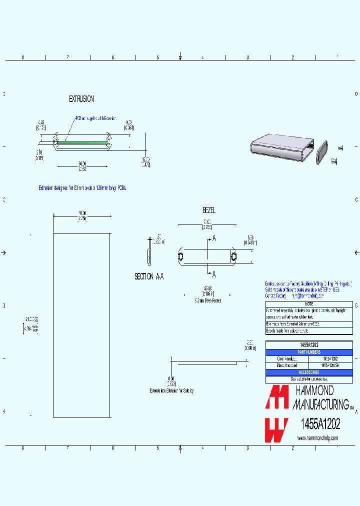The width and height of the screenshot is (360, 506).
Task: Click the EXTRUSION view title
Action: coord(81,99)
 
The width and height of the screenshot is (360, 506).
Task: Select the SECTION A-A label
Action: coord(149,276)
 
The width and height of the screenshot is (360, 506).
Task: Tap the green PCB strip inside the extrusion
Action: coord(82,142)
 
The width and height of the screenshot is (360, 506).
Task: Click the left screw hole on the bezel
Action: coord(180,256)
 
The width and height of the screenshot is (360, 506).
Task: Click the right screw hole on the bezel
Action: coord(233,256)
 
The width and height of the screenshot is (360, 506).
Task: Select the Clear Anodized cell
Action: coord(287,359)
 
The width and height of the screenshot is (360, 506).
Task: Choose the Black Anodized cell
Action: coord(287,365)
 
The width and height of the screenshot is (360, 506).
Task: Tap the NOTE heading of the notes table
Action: coord(308,303)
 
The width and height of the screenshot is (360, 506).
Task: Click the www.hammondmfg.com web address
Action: coord(317,438)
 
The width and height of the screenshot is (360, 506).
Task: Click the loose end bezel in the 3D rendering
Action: coord(321,152)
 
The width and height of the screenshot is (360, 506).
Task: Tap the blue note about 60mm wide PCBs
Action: coord(83,188)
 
